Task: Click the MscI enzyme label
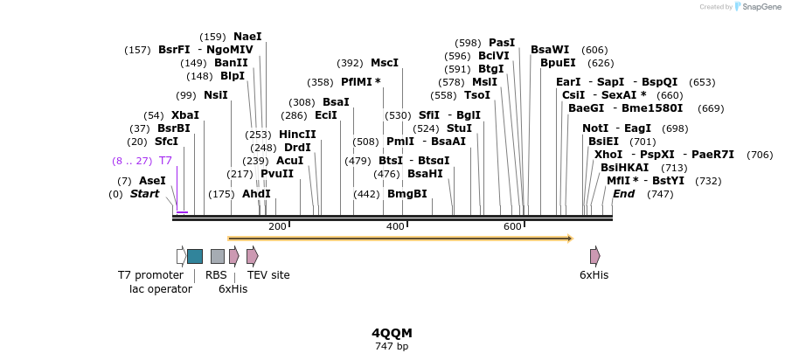(x=385, y=63)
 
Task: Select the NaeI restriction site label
(x=247, y=37)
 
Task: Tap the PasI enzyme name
(x=502, y=43)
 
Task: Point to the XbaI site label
(x=185, y=115)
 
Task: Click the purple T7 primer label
(x=165, y=161)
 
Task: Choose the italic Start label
(x=145, y=194)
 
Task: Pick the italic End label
(x=623, y=194)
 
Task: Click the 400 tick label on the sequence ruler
(x=395, y=227)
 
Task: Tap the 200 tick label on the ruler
(x=277, y=227)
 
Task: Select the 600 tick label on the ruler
(x=512, y=227)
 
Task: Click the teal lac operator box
(x=195, y=256)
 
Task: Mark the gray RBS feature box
(x=218, y=256)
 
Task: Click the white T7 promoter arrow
(x=181, y=256)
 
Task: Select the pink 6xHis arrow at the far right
(x=594, y=256)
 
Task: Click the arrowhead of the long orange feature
(x=569, y=238)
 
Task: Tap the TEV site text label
(x=268, y=275)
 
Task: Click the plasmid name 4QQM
(x=392, y=333)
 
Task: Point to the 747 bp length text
(x=392, y=346)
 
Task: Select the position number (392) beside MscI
(x=351, y=63)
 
